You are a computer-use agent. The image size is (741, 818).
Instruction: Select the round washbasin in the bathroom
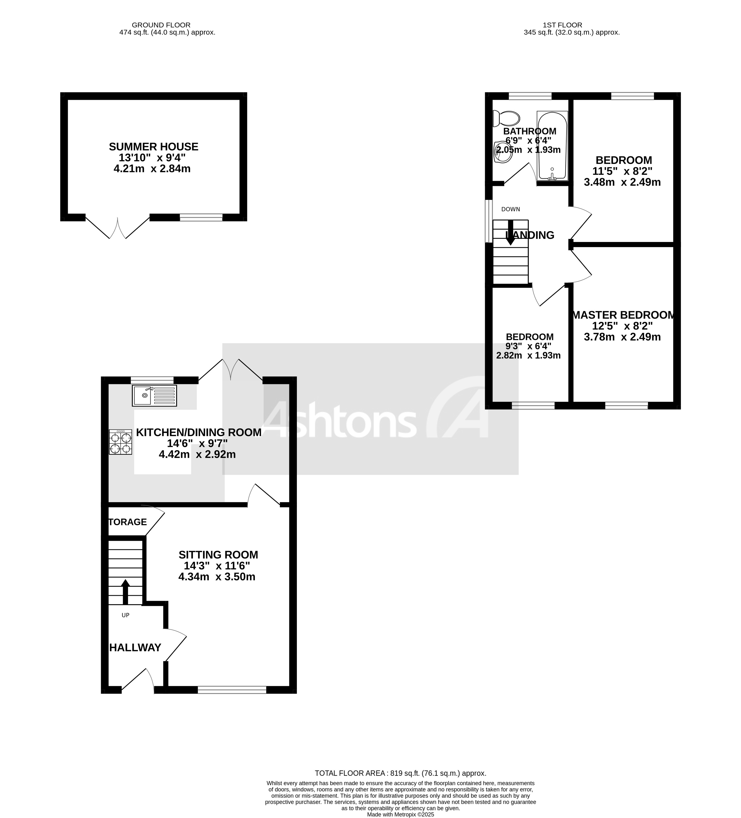503,151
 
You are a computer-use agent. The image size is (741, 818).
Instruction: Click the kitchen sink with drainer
154,396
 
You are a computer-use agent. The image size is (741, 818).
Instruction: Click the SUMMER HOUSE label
153,147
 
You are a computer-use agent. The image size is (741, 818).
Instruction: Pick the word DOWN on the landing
510,209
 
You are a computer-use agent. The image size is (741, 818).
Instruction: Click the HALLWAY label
135,648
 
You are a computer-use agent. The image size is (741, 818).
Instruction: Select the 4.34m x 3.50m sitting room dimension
217,576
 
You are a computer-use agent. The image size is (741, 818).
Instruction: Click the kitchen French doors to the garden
230,369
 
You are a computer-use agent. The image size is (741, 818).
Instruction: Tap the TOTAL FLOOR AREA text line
400,773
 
